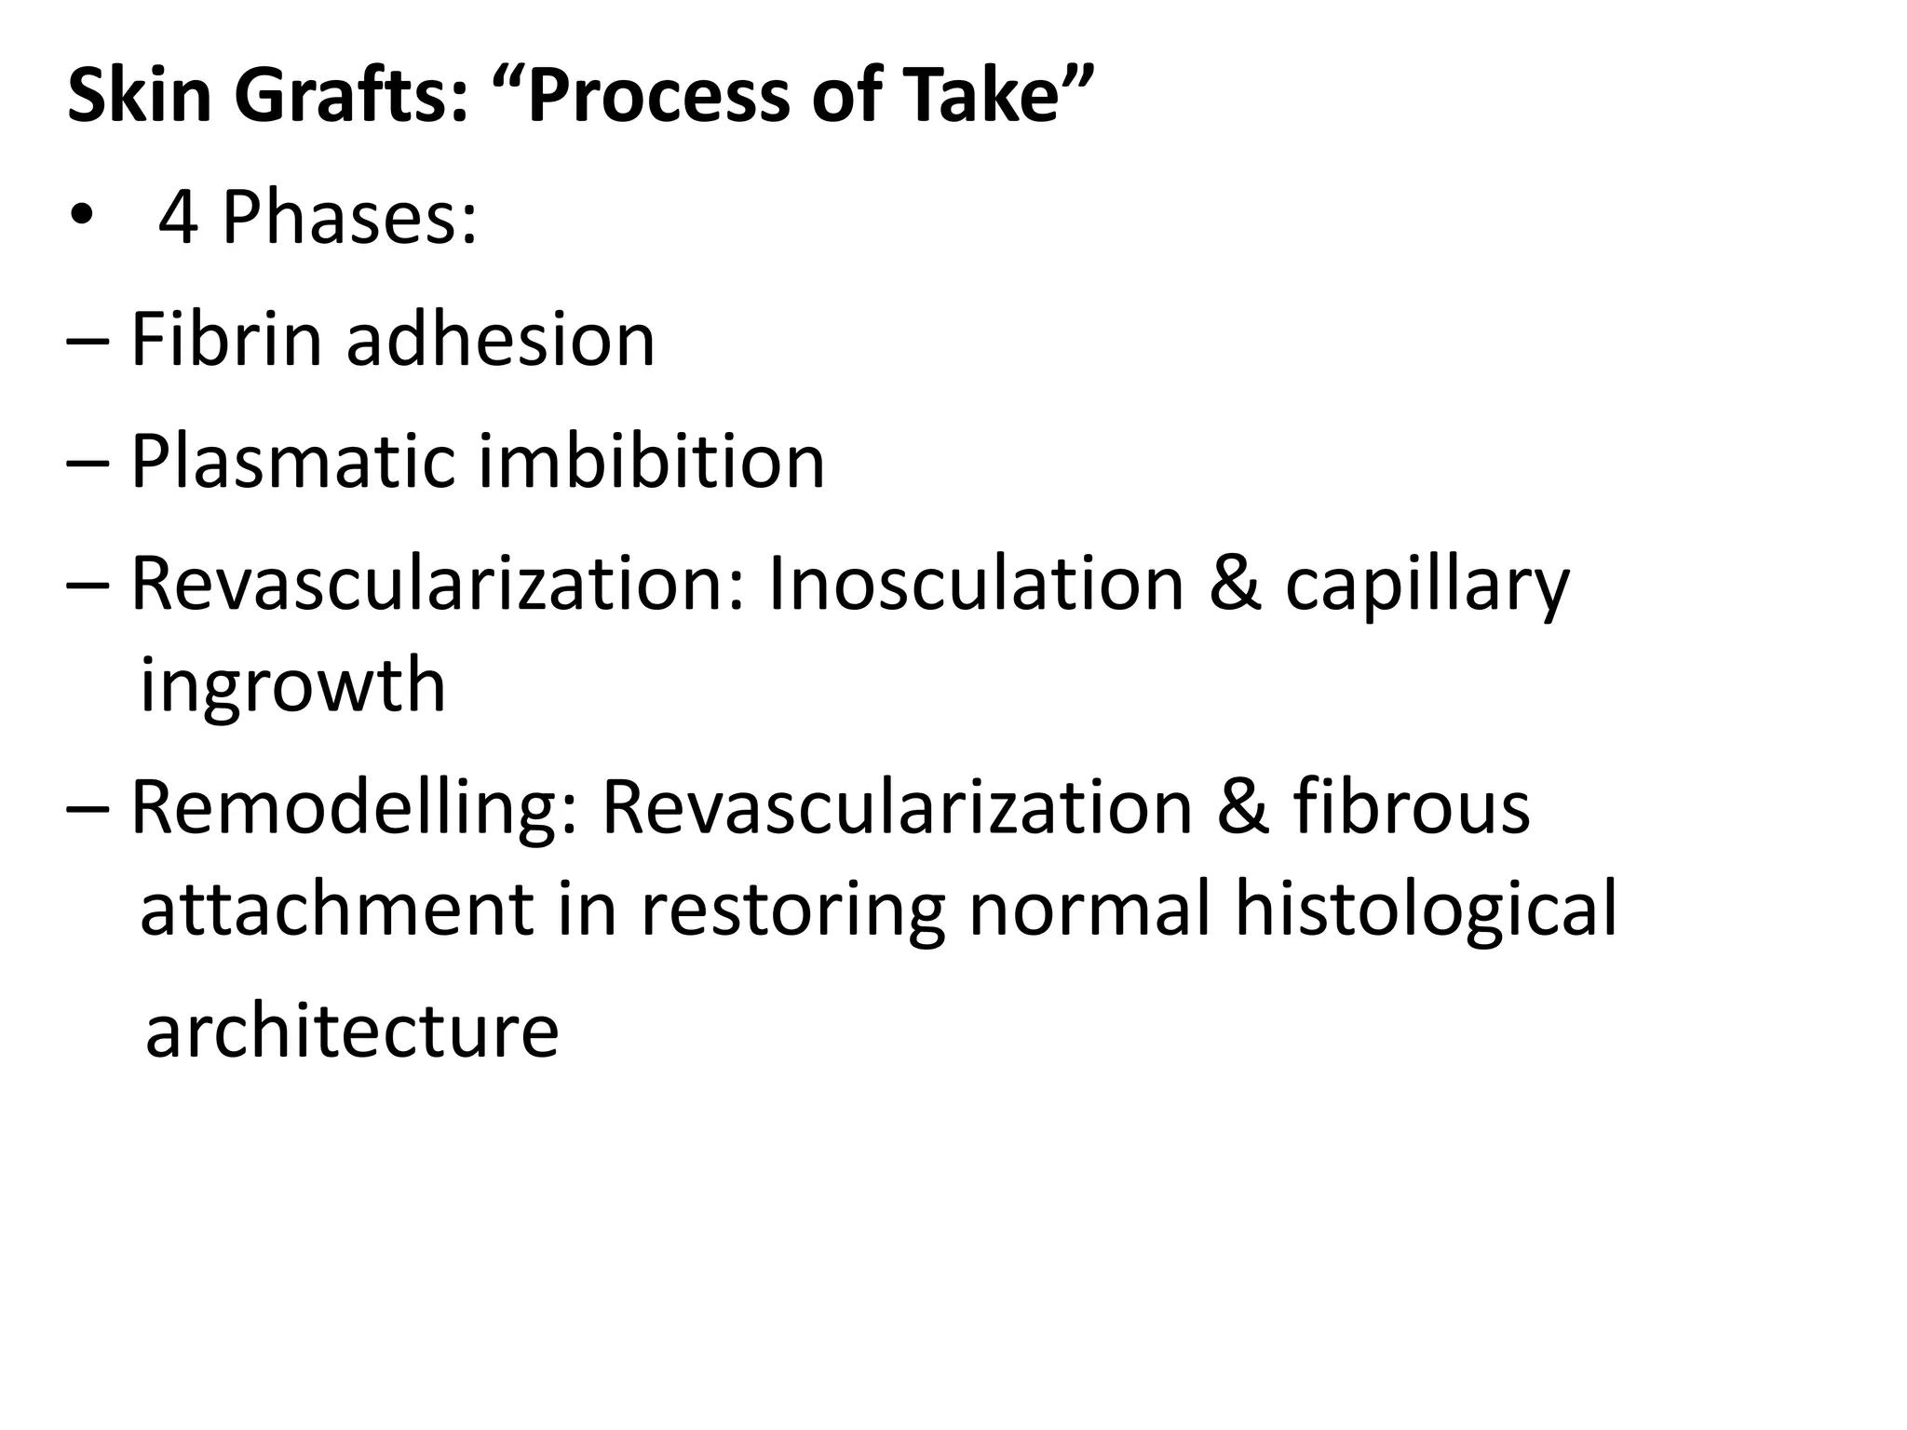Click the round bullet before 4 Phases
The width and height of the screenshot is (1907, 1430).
81,218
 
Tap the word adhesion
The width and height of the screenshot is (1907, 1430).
501,339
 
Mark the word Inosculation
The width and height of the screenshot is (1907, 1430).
974,585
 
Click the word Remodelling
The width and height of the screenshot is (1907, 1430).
354,806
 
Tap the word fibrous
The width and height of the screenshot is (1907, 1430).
1411,806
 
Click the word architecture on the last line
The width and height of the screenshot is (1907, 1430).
352,1032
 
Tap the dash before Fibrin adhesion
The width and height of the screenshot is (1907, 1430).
88,343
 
